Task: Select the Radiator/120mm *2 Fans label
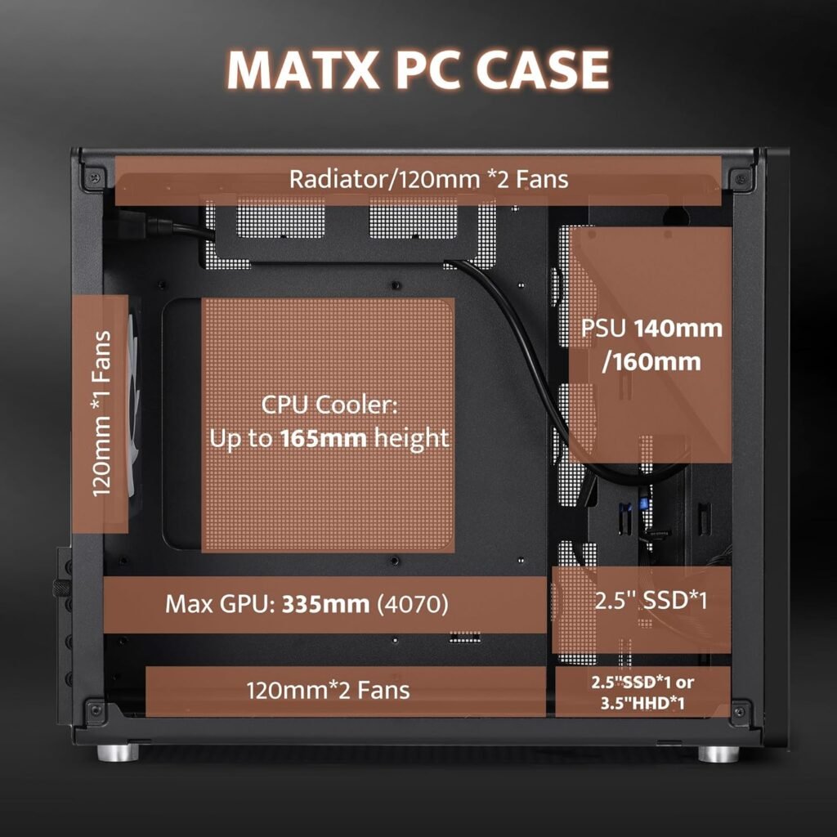428,179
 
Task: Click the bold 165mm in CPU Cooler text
324,438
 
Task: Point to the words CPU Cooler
328,405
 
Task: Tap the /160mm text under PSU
651,360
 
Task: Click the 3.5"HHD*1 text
642,704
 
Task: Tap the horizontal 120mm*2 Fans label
328,690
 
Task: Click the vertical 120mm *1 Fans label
102,414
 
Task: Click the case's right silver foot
718,753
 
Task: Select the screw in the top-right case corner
741,177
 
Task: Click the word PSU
603,329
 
